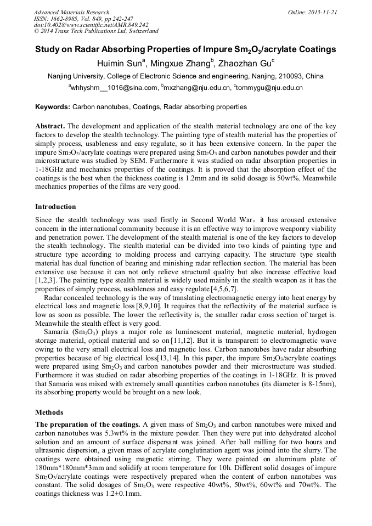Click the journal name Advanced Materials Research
(71, 12)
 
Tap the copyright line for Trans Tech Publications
(96, 31)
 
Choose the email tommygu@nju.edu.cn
(269, 88)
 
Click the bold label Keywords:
(53, 107)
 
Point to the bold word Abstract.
(50, 126)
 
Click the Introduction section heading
(55, 207)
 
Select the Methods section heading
(49, 412)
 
